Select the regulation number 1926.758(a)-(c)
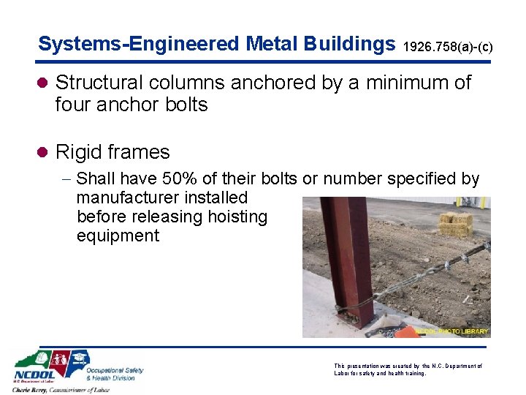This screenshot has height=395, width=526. pos(448,47)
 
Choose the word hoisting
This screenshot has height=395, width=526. pos(238,217)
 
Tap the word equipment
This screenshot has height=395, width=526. pos(118,236)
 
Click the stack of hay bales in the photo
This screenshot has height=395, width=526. pos(456,224)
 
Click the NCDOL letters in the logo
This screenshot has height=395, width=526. pos(31,380)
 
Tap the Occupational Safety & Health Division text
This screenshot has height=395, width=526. pos(115,374)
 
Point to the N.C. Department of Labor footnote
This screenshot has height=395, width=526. pos(408,369)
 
